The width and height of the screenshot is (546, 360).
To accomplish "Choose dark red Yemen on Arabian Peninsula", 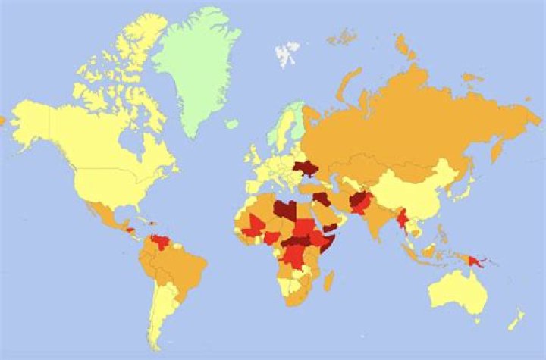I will pos(331,228).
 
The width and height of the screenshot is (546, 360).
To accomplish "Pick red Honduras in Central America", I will pos(130,229).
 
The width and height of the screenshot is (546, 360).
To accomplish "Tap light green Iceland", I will pos(232,123).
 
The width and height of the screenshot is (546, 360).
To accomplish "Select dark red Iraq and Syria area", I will pos(322,199).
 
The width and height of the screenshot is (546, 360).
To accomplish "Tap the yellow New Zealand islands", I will pos(516,320).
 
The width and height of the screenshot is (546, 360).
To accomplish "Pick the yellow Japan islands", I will pos(459,186).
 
